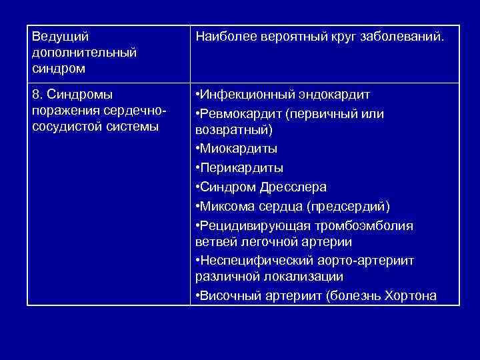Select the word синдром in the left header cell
tap(53, 68)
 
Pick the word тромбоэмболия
tap(369, 225)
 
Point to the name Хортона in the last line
tap(411, 295)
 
